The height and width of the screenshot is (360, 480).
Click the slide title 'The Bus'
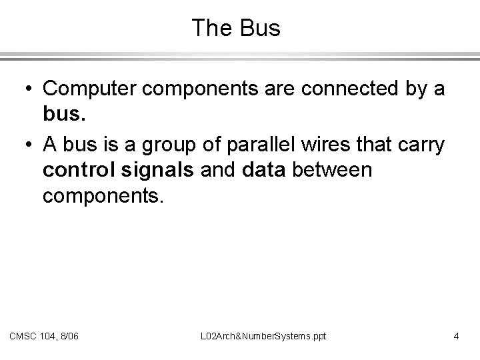tap(236, 28)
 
